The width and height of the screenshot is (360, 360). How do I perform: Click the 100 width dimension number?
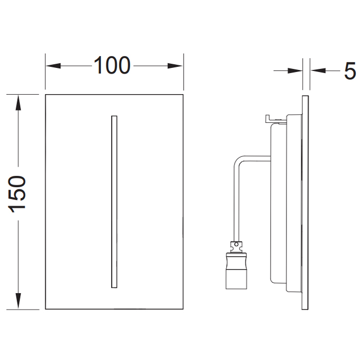pos(112,65)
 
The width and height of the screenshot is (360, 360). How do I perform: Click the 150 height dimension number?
pos(19,194)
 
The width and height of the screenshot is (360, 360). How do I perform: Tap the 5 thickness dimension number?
pos(350,71)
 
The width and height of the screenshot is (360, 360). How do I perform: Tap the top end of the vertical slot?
pos(114,118)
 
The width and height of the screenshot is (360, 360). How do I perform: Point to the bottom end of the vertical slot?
pos(114,286)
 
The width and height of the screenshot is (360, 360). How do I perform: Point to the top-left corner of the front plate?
pos(46,95)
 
